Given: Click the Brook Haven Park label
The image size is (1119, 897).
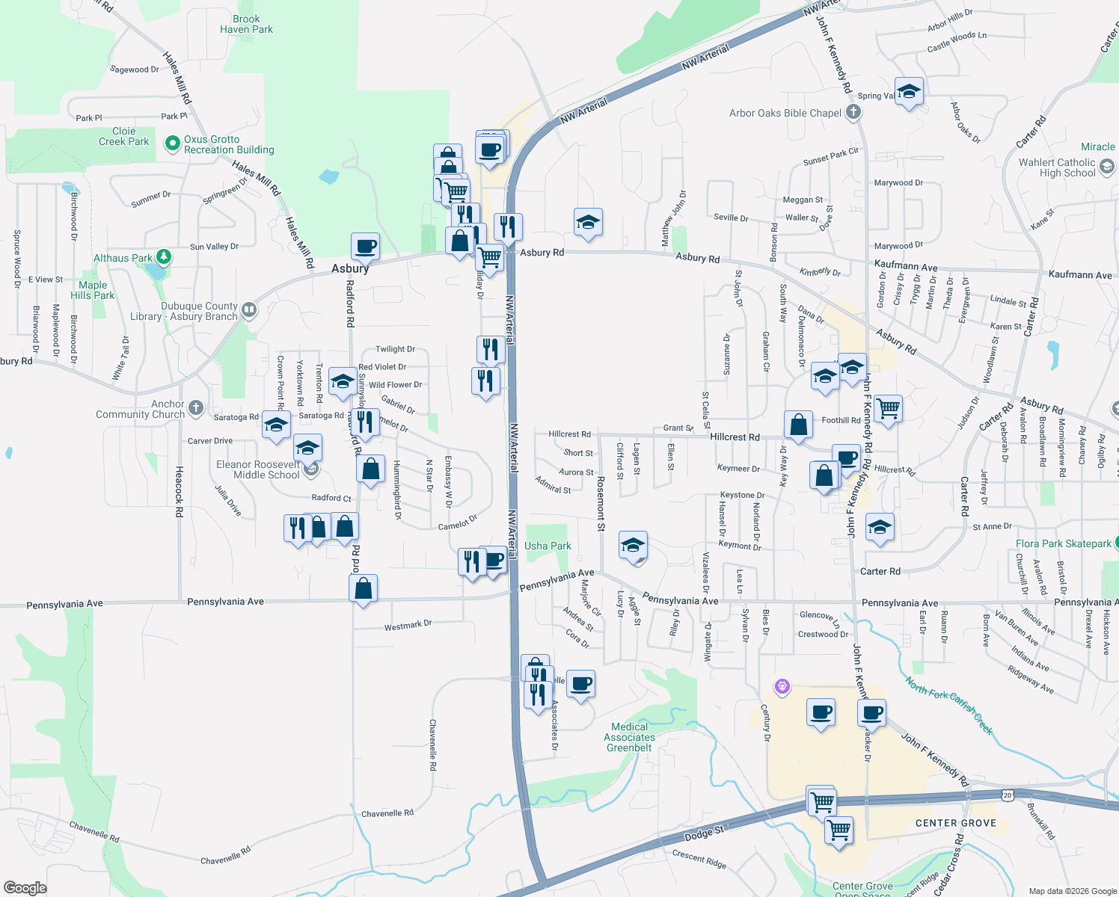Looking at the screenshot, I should click(246, 24).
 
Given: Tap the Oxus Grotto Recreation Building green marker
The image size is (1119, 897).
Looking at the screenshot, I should click(173, 142).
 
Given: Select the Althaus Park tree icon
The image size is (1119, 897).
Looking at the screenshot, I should click(163, 257).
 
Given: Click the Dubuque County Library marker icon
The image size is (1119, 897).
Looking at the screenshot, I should click(249, 309).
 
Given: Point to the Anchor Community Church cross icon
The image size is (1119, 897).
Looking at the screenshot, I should click(196, 407).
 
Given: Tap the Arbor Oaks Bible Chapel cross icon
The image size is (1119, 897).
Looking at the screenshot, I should click(853, 113).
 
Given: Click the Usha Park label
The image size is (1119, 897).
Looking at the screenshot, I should click(548, 546).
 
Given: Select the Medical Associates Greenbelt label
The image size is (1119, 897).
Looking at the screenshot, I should click(629, 737).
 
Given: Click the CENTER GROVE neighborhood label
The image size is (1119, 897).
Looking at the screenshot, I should click(955, 823).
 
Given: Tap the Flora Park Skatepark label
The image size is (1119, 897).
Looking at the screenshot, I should click(1063, 543).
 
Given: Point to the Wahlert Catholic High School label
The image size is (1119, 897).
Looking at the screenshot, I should click(1057, 167).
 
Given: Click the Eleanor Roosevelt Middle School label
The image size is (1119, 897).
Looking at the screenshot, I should click(258, 469).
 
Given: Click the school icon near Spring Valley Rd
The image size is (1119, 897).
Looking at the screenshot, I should click(909, 92).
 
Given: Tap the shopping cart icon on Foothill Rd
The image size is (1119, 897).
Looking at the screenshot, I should click(888, 408).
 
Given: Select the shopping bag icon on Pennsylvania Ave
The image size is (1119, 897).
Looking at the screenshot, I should click(363, 589).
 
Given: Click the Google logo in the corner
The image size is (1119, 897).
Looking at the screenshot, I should click(25, 887).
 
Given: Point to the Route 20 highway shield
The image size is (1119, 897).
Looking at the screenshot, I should click(1008, 795).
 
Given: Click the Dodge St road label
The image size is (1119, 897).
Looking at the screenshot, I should click(704, 833).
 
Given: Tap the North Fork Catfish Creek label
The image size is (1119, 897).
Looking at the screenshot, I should click(948, 705).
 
